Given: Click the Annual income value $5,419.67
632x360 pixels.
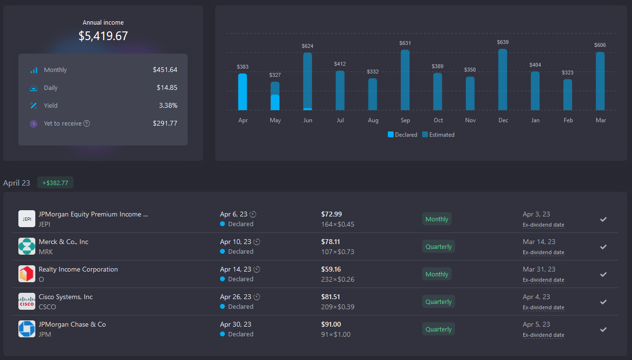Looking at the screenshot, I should (x=103, y=36).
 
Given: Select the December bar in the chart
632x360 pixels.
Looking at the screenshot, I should (x=503, y=80).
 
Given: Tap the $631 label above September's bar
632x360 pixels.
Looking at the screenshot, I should (x=405, y=43).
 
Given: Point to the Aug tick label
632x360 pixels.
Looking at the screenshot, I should (x=373, y=120).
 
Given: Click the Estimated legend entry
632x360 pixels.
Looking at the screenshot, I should (x=438, y=135).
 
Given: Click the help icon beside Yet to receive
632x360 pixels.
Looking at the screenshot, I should (x=87, y=123).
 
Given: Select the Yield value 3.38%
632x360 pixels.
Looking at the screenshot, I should (x=168, y=105).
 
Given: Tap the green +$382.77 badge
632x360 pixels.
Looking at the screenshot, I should (x=55, y=183).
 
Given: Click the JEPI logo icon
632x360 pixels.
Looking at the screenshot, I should (x=27, y=219).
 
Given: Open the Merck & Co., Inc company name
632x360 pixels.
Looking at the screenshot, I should (x=63, y=242).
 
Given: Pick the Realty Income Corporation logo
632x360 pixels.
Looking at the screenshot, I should (x=27, y=274).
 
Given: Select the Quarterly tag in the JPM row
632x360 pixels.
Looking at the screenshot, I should (x=438, y=329).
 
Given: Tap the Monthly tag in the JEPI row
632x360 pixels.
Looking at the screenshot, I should (x=437, y=219).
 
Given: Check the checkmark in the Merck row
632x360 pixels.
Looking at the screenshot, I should (x=603, y=246).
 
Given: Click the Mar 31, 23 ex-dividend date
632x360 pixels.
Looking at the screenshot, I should (x=539, y=269).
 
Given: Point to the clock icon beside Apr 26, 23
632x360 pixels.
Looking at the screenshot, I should (x=257, y=297).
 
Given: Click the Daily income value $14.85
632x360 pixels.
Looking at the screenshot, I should (x=167, y=87).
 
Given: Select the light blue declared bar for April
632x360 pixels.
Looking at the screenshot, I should (x=242, y=92).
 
